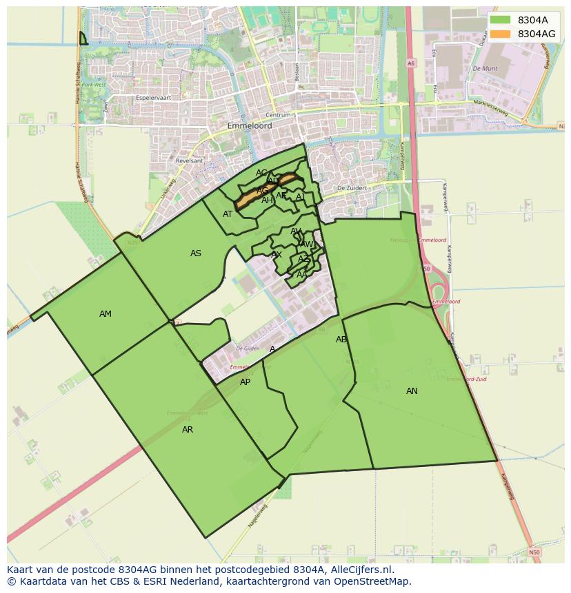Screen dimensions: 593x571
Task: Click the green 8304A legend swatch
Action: point(501,20)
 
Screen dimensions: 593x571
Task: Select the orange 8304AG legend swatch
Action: point(501,34)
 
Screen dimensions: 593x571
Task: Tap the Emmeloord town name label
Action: point(250,127)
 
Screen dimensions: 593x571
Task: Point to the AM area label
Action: point(105,314)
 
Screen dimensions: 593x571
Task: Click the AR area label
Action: point(188,430)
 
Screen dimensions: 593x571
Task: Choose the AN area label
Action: point(412,391)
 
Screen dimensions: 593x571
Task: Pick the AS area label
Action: point(196,253)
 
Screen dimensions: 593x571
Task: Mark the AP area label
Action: point(245,382)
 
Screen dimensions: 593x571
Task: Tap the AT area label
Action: point(228,214)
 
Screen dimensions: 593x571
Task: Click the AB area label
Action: point(341,340)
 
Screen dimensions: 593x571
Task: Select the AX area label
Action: point(277,255)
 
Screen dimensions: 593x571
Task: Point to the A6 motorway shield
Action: point(411,63)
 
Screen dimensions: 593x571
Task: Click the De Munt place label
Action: point(485,69)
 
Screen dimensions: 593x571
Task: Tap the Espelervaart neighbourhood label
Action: point(153,98)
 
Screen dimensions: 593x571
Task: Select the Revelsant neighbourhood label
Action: point(190,160)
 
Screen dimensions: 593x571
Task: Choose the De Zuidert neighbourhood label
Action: point(350,188)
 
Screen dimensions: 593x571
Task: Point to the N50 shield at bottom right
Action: point(534,552)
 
